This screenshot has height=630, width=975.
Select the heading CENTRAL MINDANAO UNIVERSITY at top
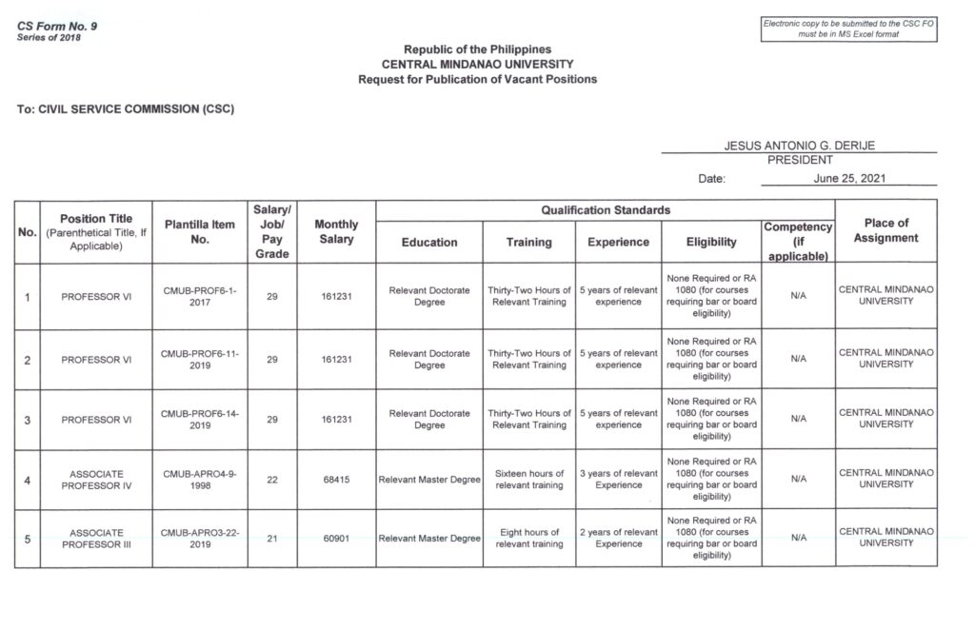pyautogui.click(x=477, y=64)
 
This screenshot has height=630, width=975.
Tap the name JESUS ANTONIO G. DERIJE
pyautogui.click(x=799, y=145)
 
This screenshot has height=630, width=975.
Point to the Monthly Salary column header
pyautogui.click(x=336, y=232)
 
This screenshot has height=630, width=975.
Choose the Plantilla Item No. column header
pyautogui.click(x=200, y=232)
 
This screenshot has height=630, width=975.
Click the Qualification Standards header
pyautogui.click(x=606, y=209)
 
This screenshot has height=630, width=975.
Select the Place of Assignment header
pyautogui.click(x=885, y=231)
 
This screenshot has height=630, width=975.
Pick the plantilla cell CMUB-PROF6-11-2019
pyautogui.click(x=200, y=359)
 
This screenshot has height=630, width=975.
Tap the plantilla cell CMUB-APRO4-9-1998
pyautogui.click(x=200, y=479)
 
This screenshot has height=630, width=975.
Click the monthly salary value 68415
pyautogui.click(x=336, y=480)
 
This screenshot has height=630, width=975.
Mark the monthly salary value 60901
pyautogui.click(x=336, y=539)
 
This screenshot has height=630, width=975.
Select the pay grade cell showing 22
pyautogui.click(x=272, y=480)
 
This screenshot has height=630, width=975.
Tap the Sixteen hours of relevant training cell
pyautogui.click(x=529, y=479)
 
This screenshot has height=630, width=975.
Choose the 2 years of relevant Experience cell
pyautogui.click(x=618, y=539)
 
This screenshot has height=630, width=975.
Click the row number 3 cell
pyautogui.click(x=28, y=420)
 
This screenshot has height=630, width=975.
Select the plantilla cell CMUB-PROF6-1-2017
pyautogui.click(x=200, y=296)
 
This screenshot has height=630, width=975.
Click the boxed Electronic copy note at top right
pyautogui.click(x=849, y=29)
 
